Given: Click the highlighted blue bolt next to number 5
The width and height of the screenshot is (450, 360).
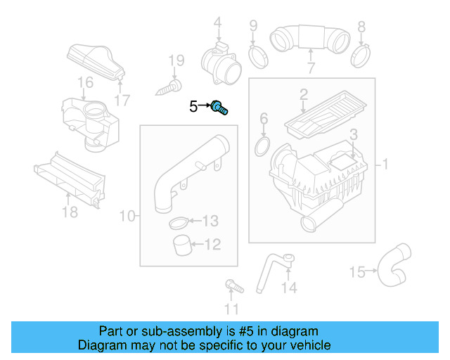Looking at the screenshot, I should [222, 108].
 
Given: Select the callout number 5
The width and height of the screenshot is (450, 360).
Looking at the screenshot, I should [193, 107].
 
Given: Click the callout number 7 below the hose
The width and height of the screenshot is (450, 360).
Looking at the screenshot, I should [310, 68].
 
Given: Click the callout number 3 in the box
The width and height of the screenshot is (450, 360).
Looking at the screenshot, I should [354, 134].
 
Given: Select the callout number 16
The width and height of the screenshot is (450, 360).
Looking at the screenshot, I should [85, 83].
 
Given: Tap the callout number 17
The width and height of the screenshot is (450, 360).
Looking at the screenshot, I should [122, 100].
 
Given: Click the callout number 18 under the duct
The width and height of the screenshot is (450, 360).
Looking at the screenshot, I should [70, 211].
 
